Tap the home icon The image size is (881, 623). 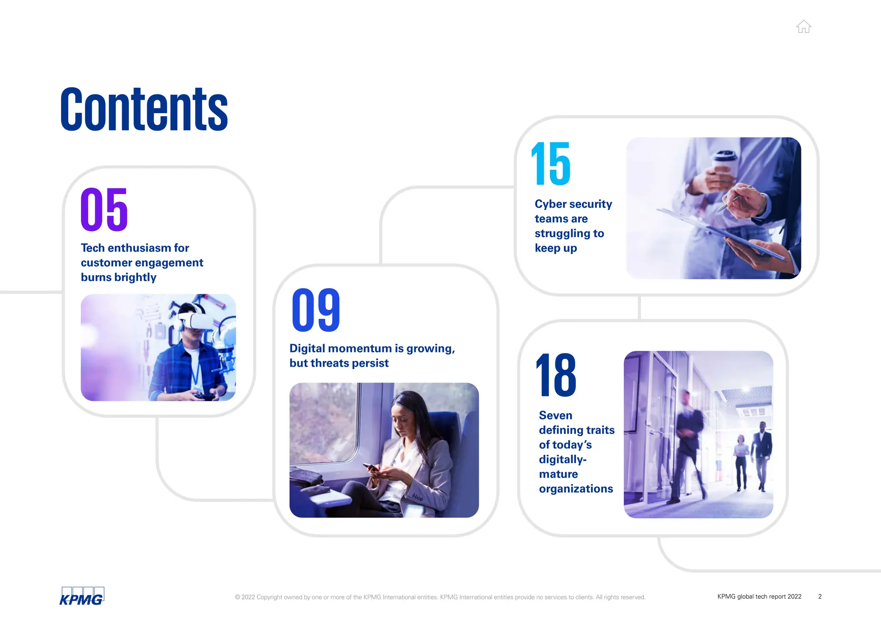[x=803, y=27]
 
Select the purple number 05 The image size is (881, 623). [x=104, y=210]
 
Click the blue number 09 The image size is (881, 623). [x=316, y=310]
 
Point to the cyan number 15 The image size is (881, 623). [x=551, y=164]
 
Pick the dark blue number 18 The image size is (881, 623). [x=556, y=375]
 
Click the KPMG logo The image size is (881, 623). [x=82, y=596]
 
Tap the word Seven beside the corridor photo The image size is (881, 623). [x=555, y=415]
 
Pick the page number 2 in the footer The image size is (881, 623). [x=820, y=596]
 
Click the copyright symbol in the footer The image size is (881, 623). [x=237, y=597]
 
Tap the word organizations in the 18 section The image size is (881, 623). [x=576, y=489]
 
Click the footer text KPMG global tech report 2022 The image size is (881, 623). [x=759, y=596]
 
